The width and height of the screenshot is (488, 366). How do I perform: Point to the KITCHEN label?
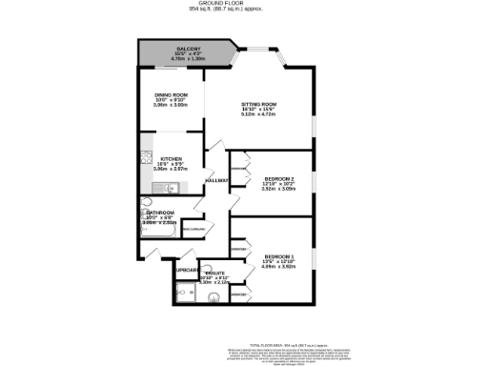pyautogui.click(x=172, y=158)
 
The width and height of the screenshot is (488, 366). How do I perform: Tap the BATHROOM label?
pyautogui.click(x=158, y=213)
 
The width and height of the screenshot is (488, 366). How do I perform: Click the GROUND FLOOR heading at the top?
pyautogui.click(x=244, y=4)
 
